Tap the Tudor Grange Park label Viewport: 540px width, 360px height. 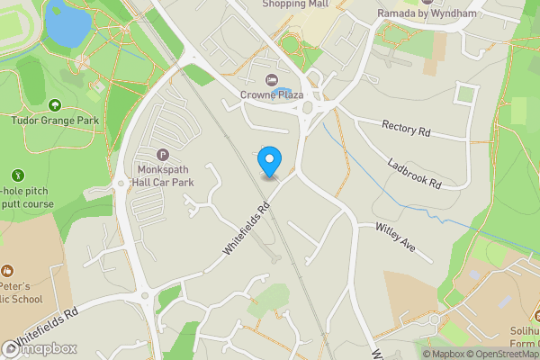[54, 119]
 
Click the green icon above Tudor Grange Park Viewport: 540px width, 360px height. [54, 105]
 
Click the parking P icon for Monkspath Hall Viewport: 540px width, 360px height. [162, 155]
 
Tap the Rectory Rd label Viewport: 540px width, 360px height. [406, 129]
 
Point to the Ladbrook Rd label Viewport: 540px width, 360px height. [415, 172]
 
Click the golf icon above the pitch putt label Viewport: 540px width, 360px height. [17, 175]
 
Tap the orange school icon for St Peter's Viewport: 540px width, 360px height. [7, 271]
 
